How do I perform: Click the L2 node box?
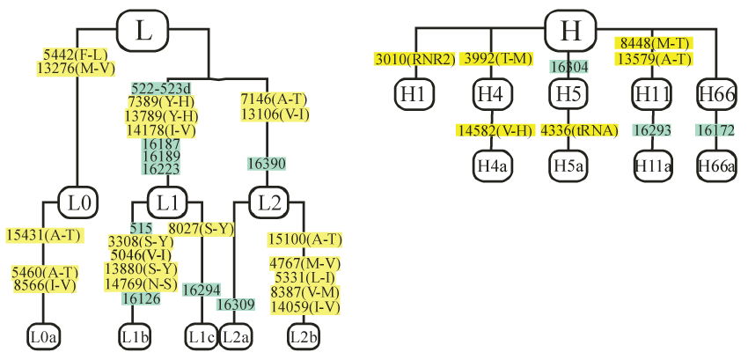coord(268,202)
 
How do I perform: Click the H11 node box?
coord(651,93)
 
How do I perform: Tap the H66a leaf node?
coord(716,165)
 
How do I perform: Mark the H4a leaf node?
coord(493,165)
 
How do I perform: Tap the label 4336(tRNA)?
coord(571,130)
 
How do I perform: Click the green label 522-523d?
coord(161,89)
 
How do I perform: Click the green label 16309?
coord(235,305)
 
